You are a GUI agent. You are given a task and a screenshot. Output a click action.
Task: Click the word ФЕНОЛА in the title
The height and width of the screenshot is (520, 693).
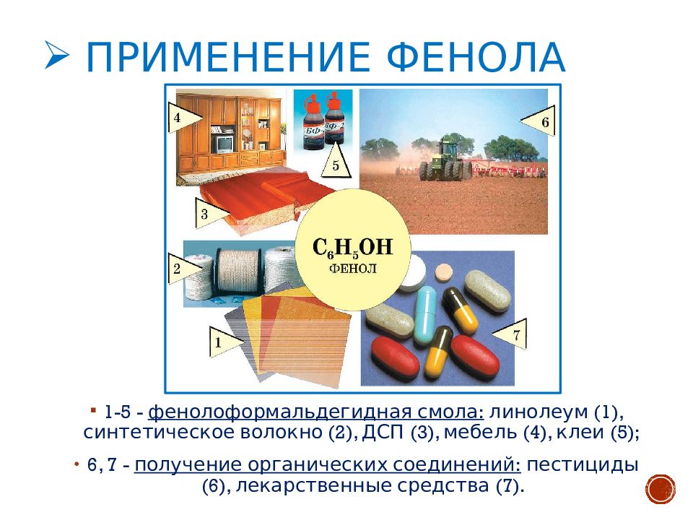(476, 57)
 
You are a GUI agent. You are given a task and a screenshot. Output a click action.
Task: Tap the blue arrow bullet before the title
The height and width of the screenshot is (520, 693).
(57, 56)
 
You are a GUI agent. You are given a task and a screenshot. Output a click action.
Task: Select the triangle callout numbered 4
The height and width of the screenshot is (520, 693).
(185, 118)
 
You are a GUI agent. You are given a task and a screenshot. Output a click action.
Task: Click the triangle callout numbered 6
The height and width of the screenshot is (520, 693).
(539, 121)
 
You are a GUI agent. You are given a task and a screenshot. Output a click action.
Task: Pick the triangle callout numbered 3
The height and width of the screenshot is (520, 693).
(212, 214)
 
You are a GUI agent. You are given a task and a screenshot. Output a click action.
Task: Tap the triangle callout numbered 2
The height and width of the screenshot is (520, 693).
(183, 269)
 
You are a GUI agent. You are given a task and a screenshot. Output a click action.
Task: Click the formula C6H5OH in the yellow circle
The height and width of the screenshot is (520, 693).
(352, 248)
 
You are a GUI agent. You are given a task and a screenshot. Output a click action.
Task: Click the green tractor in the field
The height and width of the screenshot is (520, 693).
(443, 160)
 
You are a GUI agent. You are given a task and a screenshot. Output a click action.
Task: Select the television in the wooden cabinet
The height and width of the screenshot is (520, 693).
(223, 144)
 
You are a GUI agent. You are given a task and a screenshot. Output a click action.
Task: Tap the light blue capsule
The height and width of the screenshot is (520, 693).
(424, 315)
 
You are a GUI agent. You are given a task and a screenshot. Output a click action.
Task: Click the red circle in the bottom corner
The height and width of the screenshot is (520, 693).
(661, 490)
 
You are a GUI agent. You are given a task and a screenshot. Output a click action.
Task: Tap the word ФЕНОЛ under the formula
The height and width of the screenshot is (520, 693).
(353, 269)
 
